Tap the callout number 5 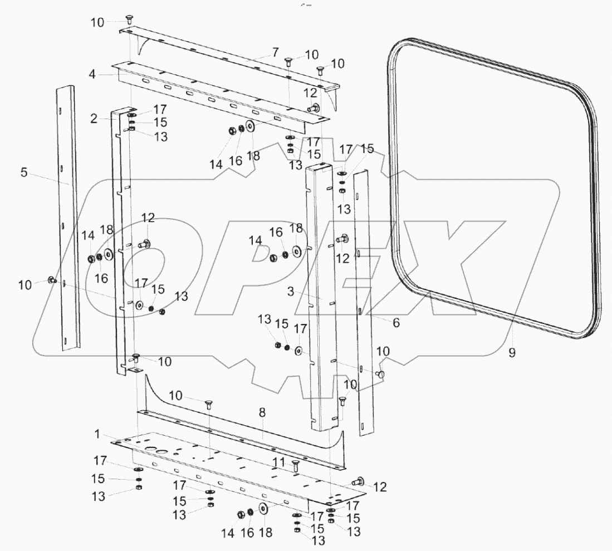[23, 173]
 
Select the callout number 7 [275, 52]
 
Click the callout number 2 [94, 118]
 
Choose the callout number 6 [396, 322]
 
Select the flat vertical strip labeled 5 [70, 223]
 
